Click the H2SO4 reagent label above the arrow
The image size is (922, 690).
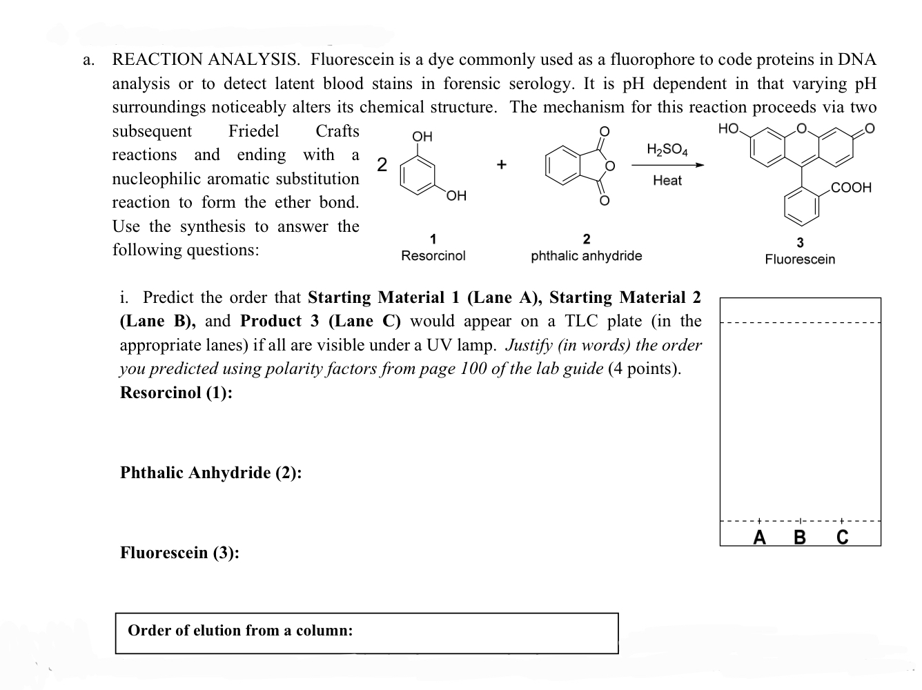pyautogui.click(x=667, y=150)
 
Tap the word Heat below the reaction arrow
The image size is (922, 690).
pyautogui.click(x=667, y=181)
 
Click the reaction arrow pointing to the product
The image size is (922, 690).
pyautogui.click(x=668, y=165)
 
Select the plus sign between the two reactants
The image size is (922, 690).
pyautogui.click(x=501, y=164)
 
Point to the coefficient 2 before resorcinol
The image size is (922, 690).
pyautogui.click(x=382, y=165)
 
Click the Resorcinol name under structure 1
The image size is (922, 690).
pyautogui.click(x=433, y=255)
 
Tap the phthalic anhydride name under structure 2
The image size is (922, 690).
pyautogui.click(x=587, y=256)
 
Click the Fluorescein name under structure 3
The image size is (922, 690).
pyautogui.click(x=800, y=259)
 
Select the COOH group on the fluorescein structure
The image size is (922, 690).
pyautogui.click(x=851, y=187)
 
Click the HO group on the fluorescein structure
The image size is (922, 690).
pyautogui.click(x=729, y=128)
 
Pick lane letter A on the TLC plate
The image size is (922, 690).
pyautogui.click(x=759, y=537)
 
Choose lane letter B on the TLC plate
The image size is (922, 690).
pyautogui.click(x=800, y=537)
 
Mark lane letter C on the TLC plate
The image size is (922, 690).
pyautogui.click(x=842, y=537)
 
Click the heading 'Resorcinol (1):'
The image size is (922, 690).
pyautogui.click(x=176, y=393)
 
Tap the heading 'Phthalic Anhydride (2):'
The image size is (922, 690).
pyautogui.click(x=211, y=473)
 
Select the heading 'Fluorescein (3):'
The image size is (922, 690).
pyautogui.click(x=180, y=552)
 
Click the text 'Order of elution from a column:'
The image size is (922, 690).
pyautogui.click(x=240, y=631)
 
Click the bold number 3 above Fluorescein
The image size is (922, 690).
pyautogui.click(x=800, y=243)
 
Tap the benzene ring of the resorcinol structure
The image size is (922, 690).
pyautogui.click(x=417, y=175)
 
